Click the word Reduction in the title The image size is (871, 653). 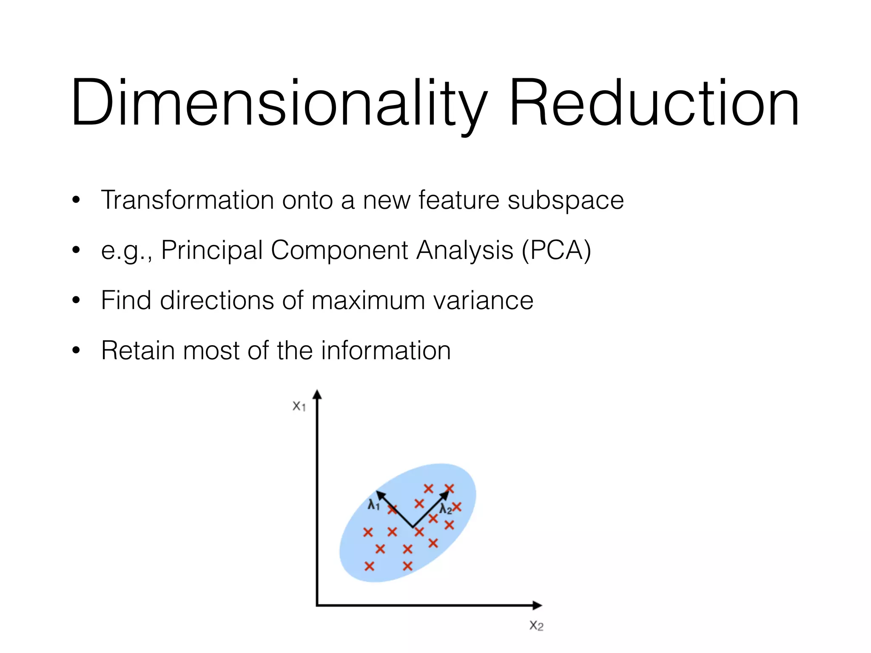654,103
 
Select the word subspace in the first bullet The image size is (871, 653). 566,201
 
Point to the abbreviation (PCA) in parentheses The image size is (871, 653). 556,250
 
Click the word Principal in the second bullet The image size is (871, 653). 212,250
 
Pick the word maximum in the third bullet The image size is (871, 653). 368,301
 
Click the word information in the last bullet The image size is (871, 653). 386,351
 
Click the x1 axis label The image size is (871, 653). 299,406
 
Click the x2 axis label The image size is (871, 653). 536,625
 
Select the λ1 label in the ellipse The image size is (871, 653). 373,505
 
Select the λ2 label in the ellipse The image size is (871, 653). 445,509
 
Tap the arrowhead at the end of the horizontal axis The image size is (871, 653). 538,605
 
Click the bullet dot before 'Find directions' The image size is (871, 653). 76,301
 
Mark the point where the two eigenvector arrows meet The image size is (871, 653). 413,527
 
